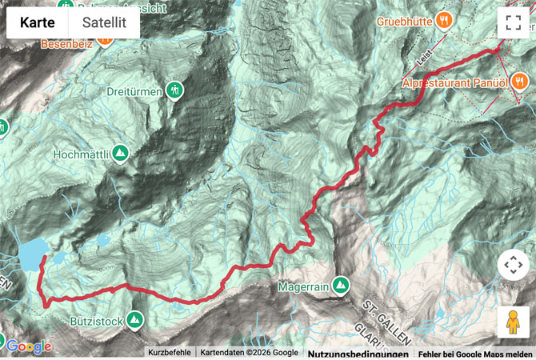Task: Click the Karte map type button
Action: point(37,23)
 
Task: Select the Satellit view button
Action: point(104,23)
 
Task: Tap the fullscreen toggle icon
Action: point(513,22)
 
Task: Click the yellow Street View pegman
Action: point(513,322)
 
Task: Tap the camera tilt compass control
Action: point(513,265)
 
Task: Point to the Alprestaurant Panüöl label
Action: point(454,83)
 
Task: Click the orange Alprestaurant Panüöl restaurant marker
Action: point(520,79)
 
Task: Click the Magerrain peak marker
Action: point(341,284)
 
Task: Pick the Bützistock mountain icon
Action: point(134,319)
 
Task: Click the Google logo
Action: point(29,346)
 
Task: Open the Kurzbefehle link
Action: point(170,353)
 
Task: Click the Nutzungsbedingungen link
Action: point(358,353)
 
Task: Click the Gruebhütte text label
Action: point(405,22)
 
